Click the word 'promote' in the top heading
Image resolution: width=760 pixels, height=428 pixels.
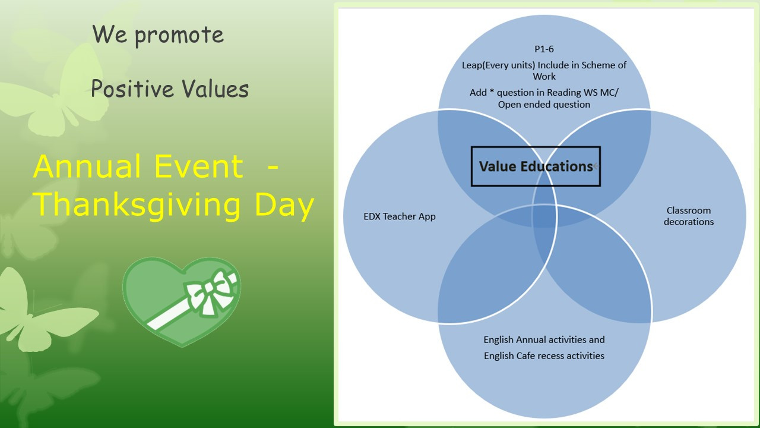tap(179, 36)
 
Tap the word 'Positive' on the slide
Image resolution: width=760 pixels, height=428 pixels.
tap(132, 88)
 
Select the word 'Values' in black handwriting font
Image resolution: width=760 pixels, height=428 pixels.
tap(215, 88)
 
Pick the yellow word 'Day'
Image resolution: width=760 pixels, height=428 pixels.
tap(284, 205)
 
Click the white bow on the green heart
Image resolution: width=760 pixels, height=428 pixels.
tap(210, 291)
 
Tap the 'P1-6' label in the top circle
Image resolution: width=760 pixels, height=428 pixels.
tap(544, 49)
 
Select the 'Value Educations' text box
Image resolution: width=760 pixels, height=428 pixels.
tap(536, 166)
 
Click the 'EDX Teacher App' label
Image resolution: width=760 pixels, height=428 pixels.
tap(400, 216)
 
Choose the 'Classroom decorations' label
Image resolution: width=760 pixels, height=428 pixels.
tap(688, 216)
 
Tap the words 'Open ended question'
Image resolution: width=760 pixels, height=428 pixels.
tap(544, 104)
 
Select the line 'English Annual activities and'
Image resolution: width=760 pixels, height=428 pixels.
tap(544, 339)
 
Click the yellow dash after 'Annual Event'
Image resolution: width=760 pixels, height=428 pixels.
tap(273, 167)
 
